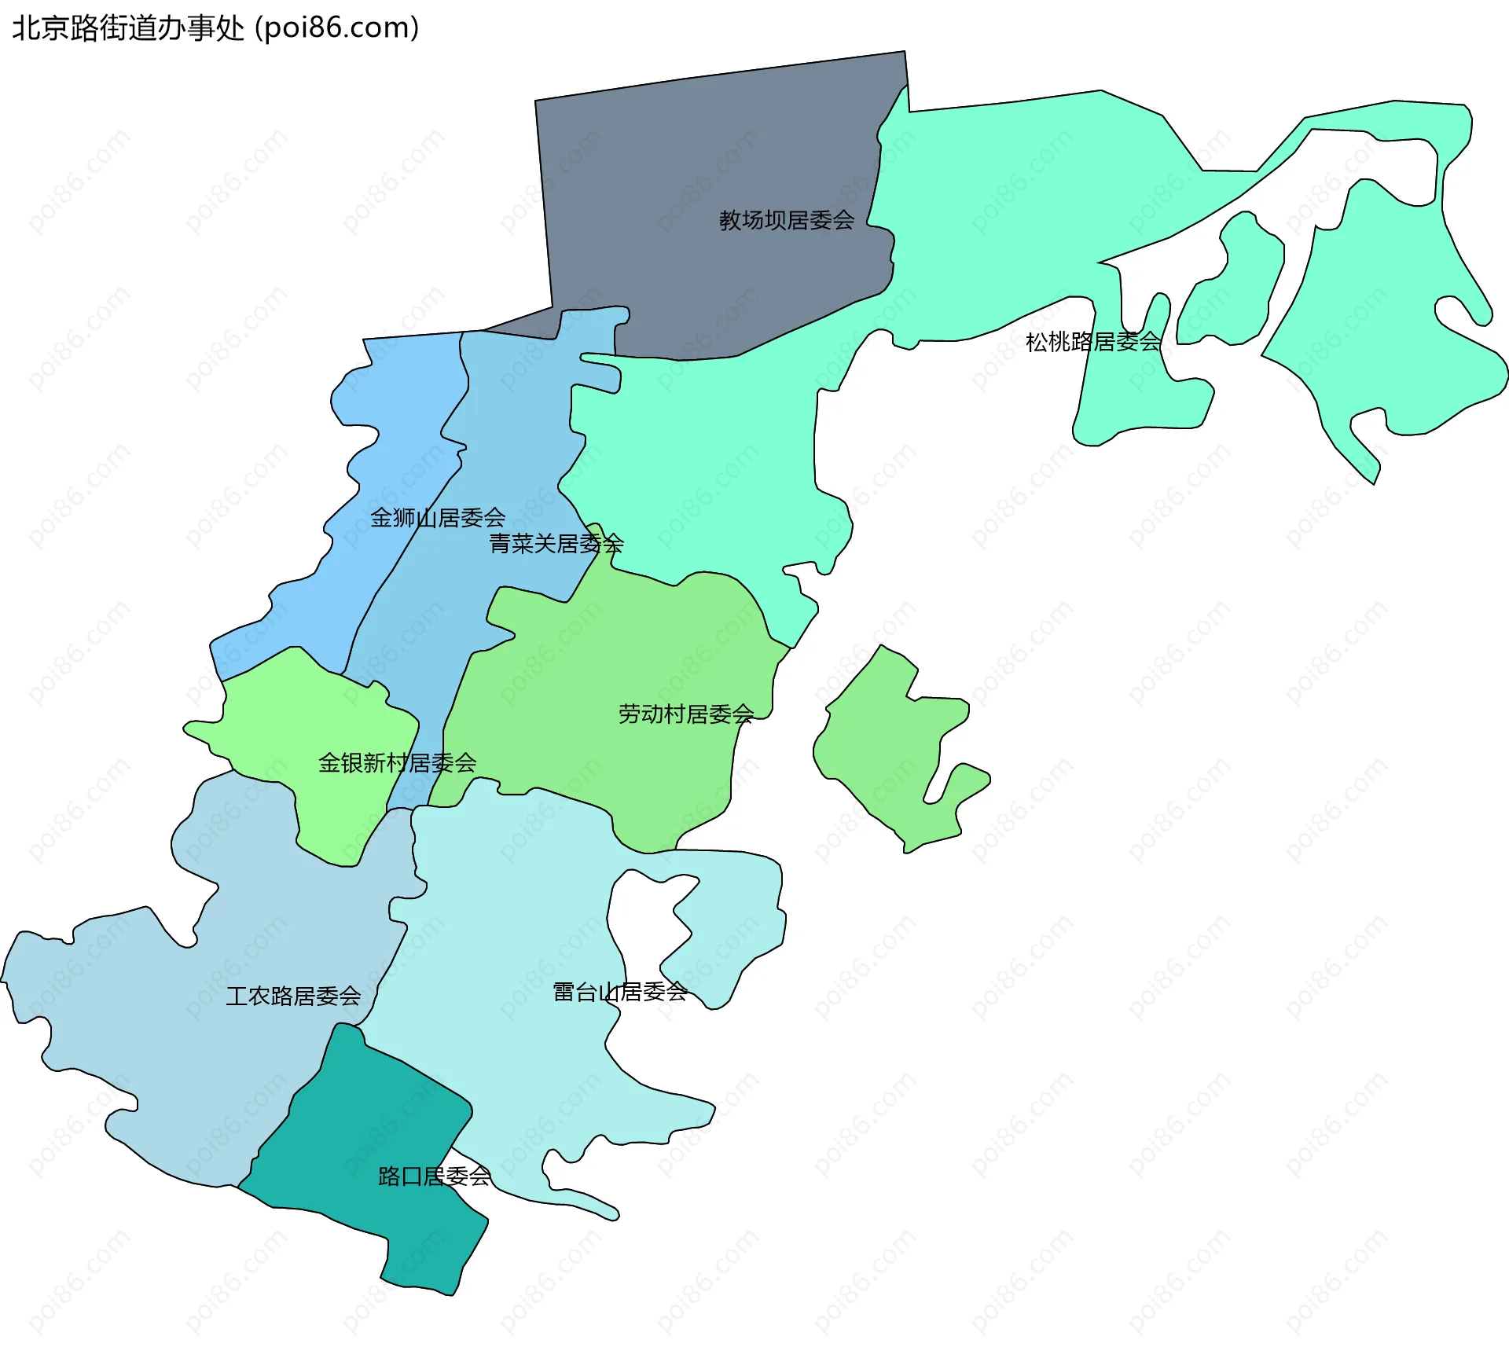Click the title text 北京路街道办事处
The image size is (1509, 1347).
[128, 28]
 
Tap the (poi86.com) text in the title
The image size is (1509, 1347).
[337, 28]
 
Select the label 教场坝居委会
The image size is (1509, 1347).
[786, 221]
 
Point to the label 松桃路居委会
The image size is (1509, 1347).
[1093, 342]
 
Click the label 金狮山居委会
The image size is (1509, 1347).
[438, 518]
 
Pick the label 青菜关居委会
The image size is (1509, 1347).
[556, 544]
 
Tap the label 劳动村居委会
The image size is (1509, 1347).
[685, 714]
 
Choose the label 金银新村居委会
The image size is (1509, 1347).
[397, 763]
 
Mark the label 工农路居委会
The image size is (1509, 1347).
[293, 996]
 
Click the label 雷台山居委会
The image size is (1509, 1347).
[619, 993]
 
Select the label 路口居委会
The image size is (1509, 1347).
[434, 1176]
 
